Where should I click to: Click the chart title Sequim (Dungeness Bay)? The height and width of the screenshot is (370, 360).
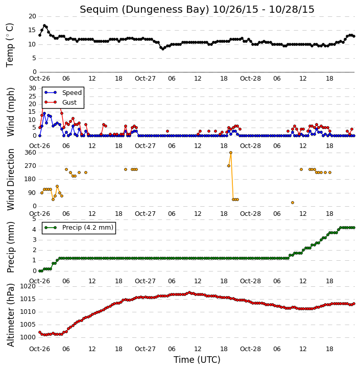[145, 10]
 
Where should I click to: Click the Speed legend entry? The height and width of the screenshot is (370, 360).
[63, 93]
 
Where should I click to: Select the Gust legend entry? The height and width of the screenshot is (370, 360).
[61, 102]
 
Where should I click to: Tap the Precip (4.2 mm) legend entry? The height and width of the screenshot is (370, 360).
[79, 228]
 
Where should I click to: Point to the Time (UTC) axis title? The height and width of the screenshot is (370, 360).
[197, 360]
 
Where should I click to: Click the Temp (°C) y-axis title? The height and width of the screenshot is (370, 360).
[10, 45]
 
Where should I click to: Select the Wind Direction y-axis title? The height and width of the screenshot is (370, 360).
[10, 180]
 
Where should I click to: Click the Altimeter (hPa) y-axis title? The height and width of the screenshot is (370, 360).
[10, 315]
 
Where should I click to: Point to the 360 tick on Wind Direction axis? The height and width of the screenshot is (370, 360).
[30, 153]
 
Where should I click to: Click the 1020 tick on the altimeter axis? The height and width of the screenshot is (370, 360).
[28, 286]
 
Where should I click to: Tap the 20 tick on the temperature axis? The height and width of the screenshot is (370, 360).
[32, 16]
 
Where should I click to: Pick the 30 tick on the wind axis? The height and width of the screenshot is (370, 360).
[32, 88]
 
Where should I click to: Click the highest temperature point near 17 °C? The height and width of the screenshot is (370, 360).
[44, 25]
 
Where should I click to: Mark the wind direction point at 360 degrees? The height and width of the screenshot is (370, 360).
[231, 153]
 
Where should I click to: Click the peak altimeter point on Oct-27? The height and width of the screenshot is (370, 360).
[189, 292]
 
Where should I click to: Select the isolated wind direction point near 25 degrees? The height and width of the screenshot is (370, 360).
[293, 203]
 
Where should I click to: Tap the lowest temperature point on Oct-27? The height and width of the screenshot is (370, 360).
[163, 49]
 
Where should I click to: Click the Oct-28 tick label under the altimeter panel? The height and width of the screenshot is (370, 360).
[250, 349]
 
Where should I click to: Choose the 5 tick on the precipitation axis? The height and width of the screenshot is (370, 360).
[34, 219]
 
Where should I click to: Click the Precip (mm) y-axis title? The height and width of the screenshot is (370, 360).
[10, 248]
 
